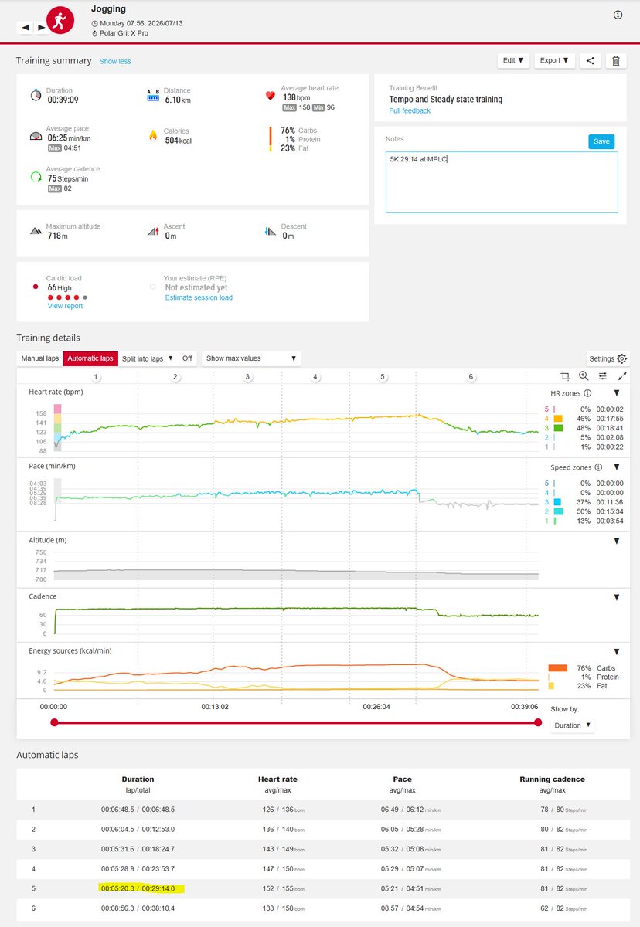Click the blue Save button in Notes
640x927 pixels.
click(601, 141)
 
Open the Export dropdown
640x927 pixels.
click(554, 60)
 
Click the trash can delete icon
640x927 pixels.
click(616, 61)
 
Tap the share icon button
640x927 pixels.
click(591, 61)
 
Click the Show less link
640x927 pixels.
click(115, 61)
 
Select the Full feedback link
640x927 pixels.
click(410, 111)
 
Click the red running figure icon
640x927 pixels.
click(60, 20)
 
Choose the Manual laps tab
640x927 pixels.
click(39, 358)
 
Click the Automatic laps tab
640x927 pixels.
click(90, 358)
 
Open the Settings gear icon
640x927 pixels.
click(621, 358)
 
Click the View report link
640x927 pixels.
click(65, 306)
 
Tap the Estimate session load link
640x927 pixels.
click(199, 297)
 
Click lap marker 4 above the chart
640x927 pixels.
click(315, 377)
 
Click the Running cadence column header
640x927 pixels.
click(552, 779)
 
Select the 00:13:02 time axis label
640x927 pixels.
click(215, 707)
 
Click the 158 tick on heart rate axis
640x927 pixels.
click(41, 413)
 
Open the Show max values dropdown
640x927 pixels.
click(251, 358)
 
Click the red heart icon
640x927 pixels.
click(271, 96)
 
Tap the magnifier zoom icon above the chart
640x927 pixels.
click(584, 375)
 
